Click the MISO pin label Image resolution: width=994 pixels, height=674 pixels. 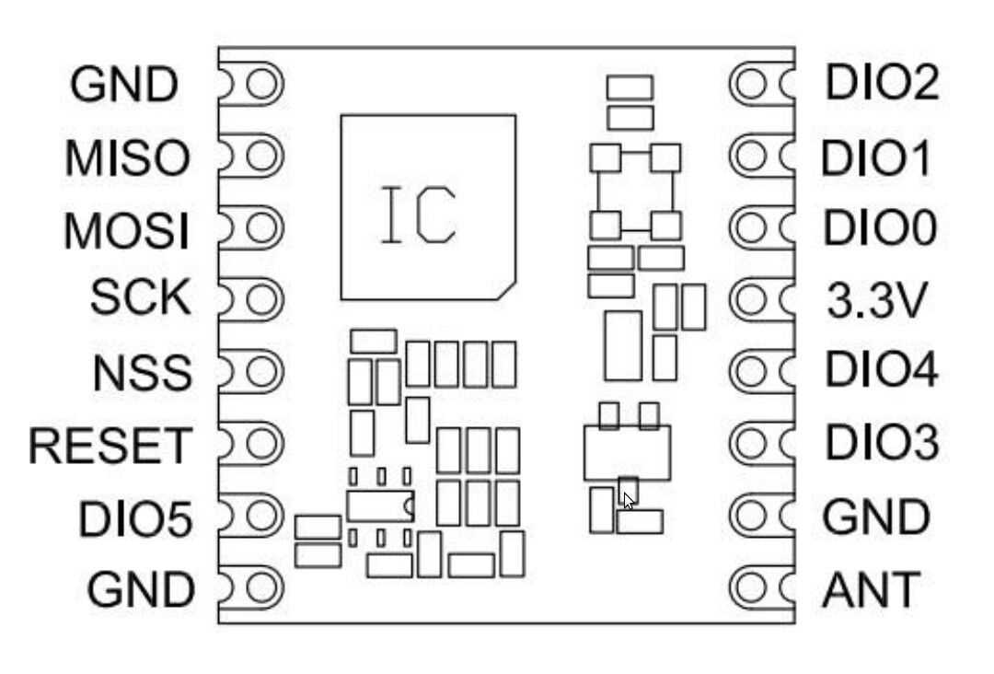pos(127,158)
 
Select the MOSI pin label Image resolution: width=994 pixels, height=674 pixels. pos(127,230)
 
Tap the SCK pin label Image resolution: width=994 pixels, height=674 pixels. pos(140,298)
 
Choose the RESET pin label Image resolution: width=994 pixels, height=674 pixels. pos(109,446)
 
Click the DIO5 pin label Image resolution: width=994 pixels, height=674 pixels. pos(135,519)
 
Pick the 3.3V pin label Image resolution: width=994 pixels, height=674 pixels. pos(873,302)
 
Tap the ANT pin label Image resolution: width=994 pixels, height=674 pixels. pos(869,590)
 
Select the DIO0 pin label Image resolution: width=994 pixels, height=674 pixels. pos(880,227)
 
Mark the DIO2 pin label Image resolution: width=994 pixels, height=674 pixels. pos(882,83)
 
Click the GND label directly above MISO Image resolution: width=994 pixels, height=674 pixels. pos(123,86)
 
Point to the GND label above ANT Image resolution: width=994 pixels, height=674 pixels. pos(875,517)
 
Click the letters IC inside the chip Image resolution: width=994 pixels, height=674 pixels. pos(419,215)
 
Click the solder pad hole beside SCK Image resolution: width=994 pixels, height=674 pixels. pos(263,299)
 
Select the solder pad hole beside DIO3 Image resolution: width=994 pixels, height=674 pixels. pos(751,444)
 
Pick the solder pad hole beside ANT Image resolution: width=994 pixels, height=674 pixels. pos(751,587)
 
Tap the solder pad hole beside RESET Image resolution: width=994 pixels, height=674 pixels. pos(263,443)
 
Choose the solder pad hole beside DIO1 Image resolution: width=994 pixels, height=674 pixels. pos(751,156)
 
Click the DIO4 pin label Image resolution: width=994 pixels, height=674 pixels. pos(881,370)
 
